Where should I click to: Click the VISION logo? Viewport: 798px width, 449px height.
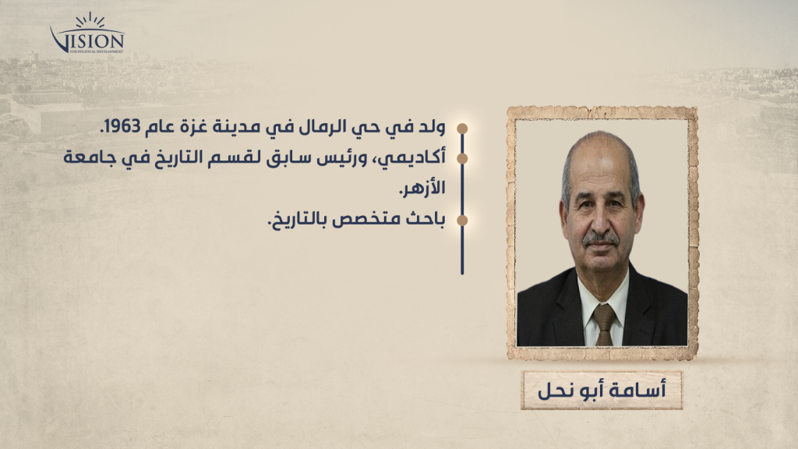tap(87, 33)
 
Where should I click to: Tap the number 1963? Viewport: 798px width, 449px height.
tap(119, 127)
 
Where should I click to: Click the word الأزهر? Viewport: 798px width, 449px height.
tap(422, 188)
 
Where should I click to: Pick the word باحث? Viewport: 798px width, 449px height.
tap(425, 219)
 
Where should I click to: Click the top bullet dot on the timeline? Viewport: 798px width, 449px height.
tap(462, 129)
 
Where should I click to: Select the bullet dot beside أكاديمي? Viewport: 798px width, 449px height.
tap(462, 159)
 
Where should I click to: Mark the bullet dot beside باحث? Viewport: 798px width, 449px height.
tap(462, 221)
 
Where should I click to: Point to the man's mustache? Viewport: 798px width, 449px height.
tap(601, 239)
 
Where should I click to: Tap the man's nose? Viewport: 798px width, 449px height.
tap(600, 221)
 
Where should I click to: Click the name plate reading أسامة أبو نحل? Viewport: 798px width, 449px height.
tap(601, 391)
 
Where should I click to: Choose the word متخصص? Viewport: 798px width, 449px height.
tap(365, 220)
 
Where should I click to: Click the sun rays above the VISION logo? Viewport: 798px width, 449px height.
tap(90, 19)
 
